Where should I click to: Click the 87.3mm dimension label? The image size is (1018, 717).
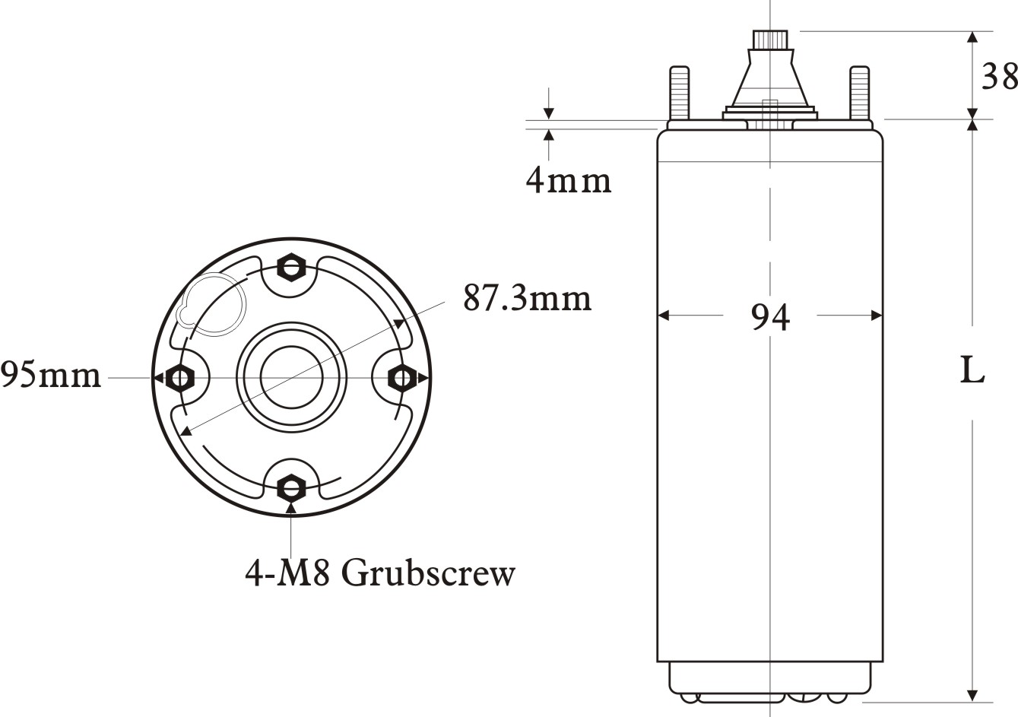527,298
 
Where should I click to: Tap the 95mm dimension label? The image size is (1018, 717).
50,375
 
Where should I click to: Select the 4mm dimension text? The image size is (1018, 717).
568,181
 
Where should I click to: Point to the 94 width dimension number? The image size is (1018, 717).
770,317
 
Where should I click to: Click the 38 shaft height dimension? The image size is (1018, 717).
999,76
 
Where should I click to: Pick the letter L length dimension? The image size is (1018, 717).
972,370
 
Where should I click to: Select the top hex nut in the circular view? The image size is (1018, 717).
290,267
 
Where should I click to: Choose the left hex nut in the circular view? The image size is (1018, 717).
180,377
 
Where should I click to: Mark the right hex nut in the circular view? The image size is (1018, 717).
401,377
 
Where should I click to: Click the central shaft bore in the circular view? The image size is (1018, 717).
291,376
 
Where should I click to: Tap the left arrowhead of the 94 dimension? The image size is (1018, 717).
662,315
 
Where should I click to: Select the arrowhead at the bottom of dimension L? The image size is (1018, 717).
972,696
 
